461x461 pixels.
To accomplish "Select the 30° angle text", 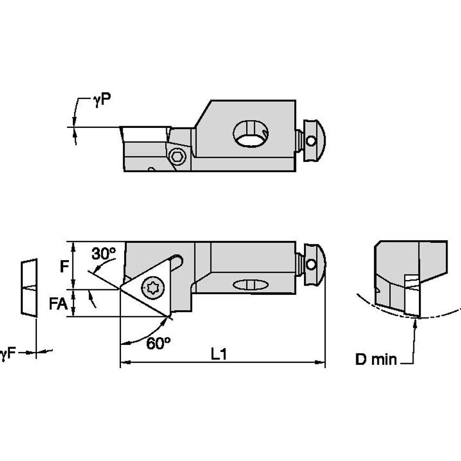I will [x=104, y=253].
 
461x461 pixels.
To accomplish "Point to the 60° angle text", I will [x=158, y=343].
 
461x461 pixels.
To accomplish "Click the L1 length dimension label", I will [x=219, y=354].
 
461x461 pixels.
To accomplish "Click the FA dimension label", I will [x=58, y=303].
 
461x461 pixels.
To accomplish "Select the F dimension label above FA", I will [x=64, y=267].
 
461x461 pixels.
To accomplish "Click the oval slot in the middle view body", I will [x=249, y=284].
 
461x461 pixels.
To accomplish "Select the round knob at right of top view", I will [x=313, y=140].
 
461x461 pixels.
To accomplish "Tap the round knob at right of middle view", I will [x=313, y=264].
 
